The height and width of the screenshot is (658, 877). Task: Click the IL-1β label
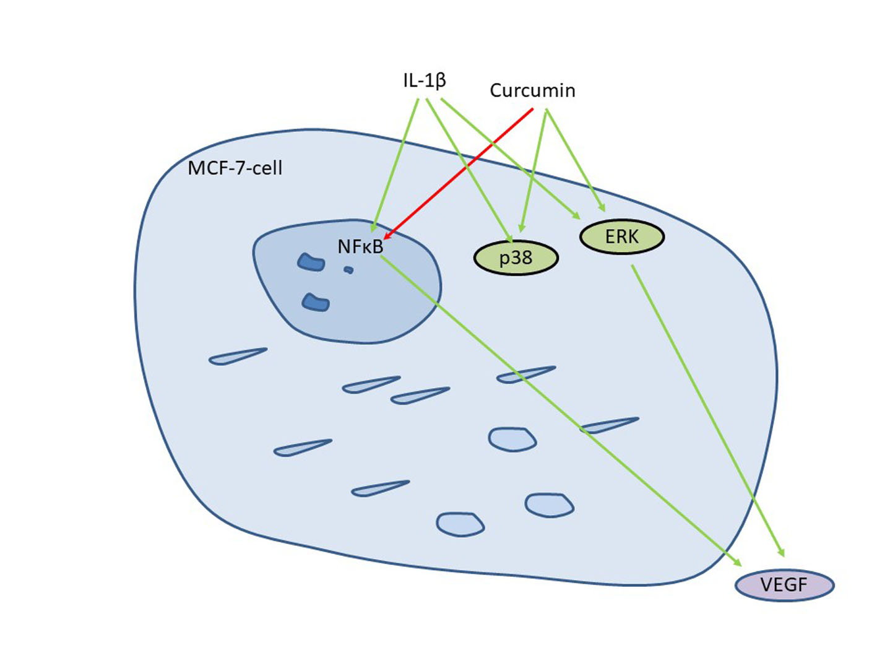point(425,80)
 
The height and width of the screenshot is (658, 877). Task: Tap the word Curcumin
point(532,91)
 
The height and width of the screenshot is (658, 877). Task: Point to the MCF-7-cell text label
point(235,168)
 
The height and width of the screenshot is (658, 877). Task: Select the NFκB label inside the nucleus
point(360,246)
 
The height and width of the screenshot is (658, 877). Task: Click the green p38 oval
point(516,258)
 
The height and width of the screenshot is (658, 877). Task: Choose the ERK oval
point(621,236)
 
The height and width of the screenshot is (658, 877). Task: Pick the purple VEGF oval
point(784,585)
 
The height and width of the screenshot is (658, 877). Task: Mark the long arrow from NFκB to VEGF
point(557,409)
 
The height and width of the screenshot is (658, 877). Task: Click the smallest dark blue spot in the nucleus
point(348,269)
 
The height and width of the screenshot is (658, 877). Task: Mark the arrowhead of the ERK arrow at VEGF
point(782,552)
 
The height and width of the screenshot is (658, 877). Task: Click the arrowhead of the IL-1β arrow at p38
point(509,238)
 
